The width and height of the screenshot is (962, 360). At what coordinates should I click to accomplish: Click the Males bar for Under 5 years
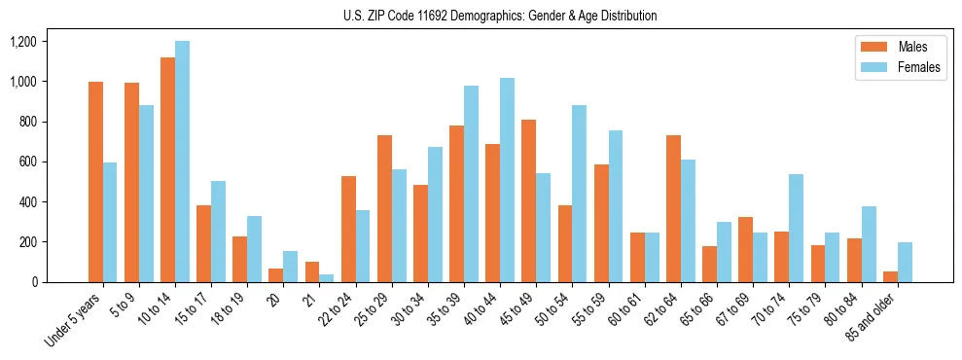click(95, 182)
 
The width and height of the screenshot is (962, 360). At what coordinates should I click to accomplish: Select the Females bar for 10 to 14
click(182, 162)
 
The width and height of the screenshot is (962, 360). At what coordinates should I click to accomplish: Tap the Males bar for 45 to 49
click(528, 200)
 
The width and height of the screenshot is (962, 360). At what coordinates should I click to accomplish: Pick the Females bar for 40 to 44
click(507, 180)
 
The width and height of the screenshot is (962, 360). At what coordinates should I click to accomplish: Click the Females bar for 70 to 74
click(796, 228)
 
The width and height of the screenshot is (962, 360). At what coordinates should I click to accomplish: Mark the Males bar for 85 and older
click(890, 276)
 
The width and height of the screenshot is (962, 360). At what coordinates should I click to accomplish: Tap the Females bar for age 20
click(291, 266)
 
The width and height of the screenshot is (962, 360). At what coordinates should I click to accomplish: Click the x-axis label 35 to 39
click(453, 310)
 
